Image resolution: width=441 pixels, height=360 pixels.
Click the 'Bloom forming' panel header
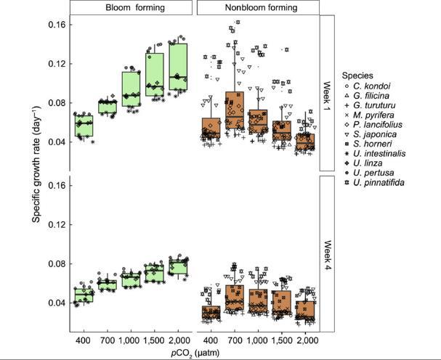(x=132, y=7)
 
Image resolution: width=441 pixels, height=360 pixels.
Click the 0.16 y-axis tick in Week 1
(x=57, y=24)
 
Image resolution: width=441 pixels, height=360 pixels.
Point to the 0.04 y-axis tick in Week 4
(x=57, y=303)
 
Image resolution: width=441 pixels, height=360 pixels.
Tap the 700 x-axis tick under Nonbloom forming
(x=235, y=340)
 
